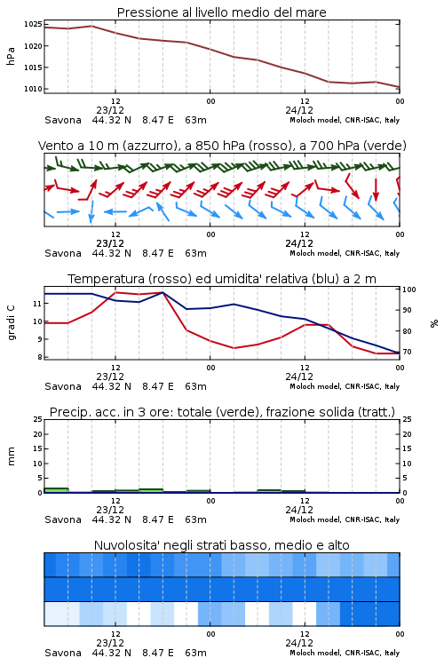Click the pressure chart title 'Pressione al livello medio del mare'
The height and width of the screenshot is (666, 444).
tap(221, 12)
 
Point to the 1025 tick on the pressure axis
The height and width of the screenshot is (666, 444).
tap(33, 24)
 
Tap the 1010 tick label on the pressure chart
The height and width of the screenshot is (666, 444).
tap(33, 89)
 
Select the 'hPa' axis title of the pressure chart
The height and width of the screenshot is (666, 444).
tap(11, 56)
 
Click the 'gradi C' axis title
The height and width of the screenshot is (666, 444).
tap(11, 323)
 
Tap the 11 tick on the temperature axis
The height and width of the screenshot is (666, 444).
tap(37, 304)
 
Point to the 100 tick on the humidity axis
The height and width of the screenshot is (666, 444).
tap(409, 289)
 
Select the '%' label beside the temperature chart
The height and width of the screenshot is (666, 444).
tap(434, 323)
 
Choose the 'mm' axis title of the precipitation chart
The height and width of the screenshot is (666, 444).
tap(11, 456)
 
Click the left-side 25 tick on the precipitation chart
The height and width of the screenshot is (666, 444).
tap(37, 419)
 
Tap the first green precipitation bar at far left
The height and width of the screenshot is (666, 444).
tap(57, 490)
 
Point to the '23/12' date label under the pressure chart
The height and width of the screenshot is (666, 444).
tap(110, 110)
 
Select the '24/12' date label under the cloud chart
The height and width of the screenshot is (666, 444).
tap(299, 643)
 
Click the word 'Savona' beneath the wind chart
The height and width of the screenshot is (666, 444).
tap(63, 253)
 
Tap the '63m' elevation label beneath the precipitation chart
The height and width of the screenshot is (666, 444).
tap(196, 519)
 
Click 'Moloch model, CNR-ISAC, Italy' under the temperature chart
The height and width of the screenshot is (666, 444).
tap(345, 386)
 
